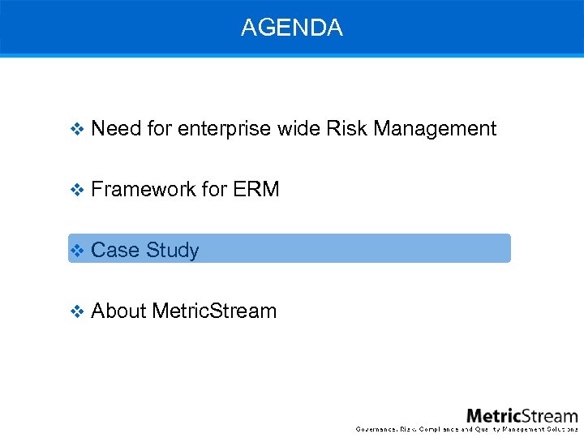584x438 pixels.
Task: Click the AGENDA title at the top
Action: (x=291, y=28)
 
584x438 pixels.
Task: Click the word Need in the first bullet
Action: (x=116, y=128)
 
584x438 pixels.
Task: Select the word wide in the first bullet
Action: (x=298, y=128)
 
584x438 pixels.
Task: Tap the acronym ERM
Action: (x=255, y=189)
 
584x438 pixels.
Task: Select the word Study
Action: (x=173, y=250)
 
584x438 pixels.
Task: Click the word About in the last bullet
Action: (x=119, y=311)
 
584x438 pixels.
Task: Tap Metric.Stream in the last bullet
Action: (x=214, y=311)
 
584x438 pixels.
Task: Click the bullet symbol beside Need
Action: (x=77, y=129)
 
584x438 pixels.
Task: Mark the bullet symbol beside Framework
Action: (x=77, y=190)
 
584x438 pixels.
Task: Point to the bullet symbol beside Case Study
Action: (x=77, y=251)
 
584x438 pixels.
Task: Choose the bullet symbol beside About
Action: (x=77, y=311)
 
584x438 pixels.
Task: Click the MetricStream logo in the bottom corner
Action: (x=522, y=415)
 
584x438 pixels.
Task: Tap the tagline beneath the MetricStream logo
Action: (x=466, y=429)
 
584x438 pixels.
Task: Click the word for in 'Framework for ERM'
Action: (x=214, y=189)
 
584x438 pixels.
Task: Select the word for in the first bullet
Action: (x=160, y=128)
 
